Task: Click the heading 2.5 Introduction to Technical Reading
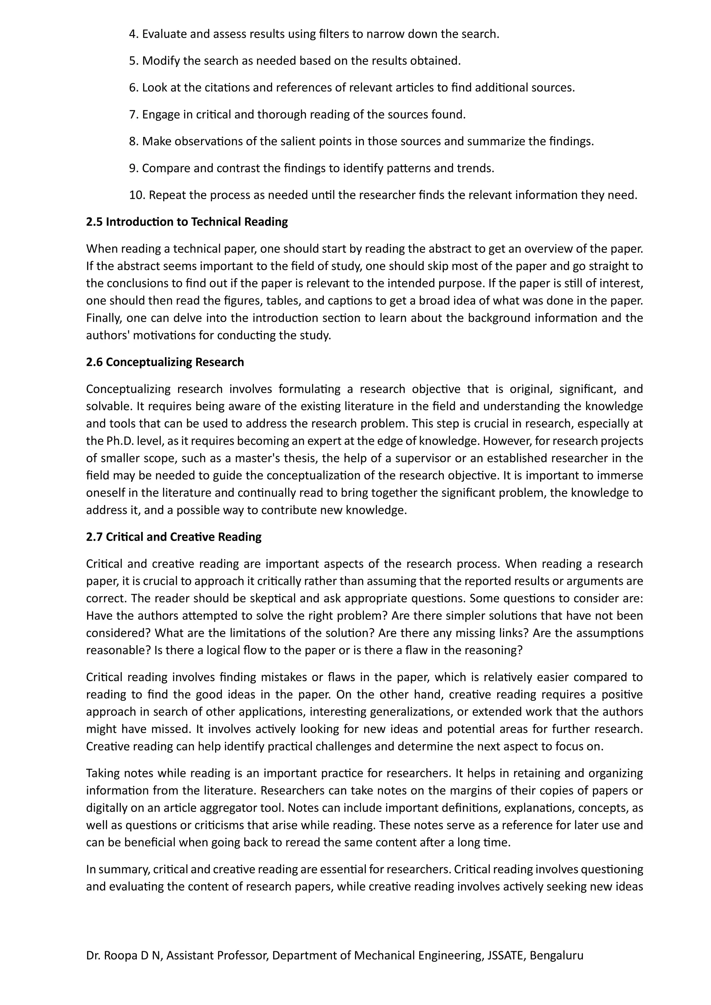[x=187, y=222]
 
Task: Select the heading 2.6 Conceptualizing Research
[x=165, y=362]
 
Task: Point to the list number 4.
[x=133, y=34]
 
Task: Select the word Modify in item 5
[x=161, y=61]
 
